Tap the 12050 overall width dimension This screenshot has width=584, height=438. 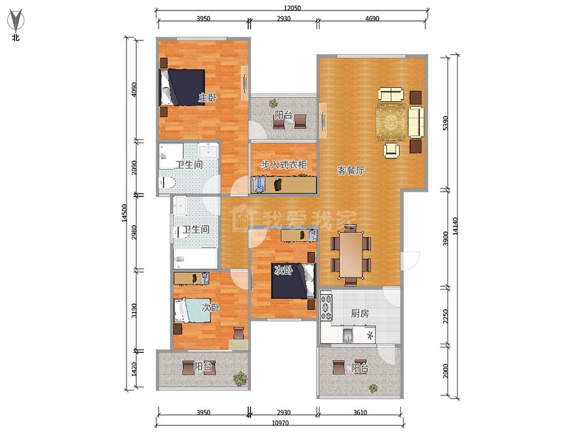click(292, 8)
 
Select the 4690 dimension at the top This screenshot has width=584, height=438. click(372, 18)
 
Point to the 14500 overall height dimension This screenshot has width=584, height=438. click(124, 213)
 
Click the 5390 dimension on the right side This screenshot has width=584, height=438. click(446, 124)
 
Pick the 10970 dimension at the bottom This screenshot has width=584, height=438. click(280, 423)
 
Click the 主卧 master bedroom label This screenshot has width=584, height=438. click(207, 98)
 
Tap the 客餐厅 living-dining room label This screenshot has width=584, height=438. click(351, 171)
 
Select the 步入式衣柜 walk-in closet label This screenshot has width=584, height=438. click(283, 164)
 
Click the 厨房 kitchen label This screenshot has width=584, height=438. click(360, 313)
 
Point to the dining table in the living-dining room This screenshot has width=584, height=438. click(350, 255)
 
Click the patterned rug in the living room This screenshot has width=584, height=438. click(391, 122)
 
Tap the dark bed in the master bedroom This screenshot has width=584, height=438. click(183, 88)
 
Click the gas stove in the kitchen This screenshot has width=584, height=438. click(327, 307)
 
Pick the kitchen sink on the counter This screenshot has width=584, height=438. click(348, 334)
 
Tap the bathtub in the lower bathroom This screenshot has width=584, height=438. click(196, 258)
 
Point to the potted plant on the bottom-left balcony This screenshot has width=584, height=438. click(240, 378)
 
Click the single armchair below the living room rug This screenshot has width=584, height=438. click(391, 150)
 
